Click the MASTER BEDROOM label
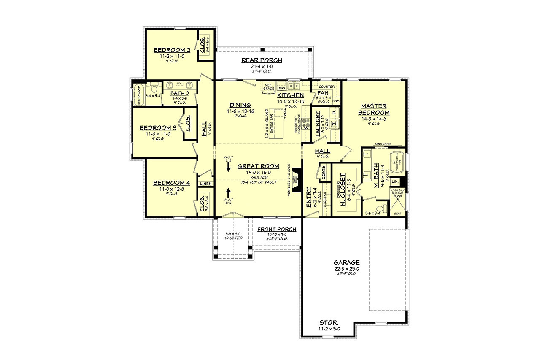pyautogui.click(x=374, y=109)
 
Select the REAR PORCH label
pyautogui.click(x=262, y=60)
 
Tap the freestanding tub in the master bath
pyautogui.click(x=397, y=162)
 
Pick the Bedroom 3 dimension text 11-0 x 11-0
pyautogui.click(x=158, y=134)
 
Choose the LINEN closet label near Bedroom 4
pyautogui.click(x=206, y=184)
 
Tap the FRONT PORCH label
pyautogui.click(x=277, y=229)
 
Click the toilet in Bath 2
pyautogui.click(x=154, y=89)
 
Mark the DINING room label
pyautogui.click(x=240, y=105)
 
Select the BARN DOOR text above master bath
pyautogui.click(x=381, y=144)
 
